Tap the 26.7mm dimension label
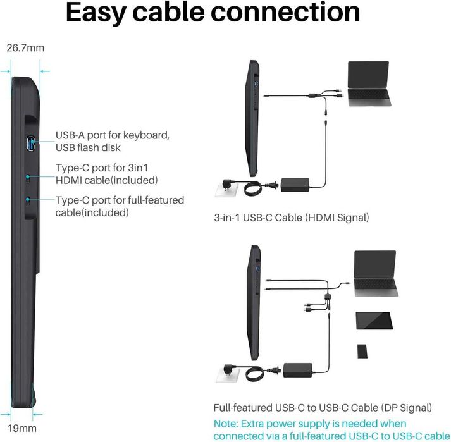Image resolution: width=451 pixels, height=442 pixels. [x=25, y=47]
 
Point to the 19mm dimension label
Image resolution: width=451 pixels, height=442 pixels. [x=22, y=428]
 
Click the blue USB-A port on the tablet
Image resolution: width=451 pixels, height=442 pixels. [x=30, y=144]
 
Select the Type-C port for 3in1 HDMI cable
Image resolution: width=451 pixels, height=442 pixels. [x=28, y=178]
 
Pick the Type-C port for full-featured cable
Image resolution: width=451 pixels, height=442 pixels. [x=28, y=200]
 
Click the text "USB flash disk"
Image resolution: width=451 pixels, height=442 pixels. [x=88, y=147]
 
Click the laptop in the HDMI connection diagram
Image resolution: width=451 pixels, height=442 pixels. [x=369, y=83]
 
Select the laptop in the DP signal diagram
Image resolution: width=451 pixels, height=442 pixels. [x=376, y=273]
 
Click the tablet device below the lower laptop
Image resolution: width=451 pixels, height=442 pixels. [x=374, y=321]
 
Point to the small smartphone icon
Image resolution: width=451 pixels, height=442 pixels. [x=362, y=351]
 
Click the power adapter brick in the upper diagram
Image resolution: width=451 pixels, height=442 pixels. [x=295, y=185]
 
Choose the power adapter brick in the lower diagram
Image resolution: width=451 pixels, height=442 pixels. [x=297, y=370]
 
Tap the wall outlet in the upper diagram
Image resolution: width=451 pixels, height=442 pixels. [x=226, y=189]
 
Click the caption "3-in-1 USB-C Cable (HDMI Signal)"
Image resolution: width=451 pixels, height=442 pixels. [x=292, y=218]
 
